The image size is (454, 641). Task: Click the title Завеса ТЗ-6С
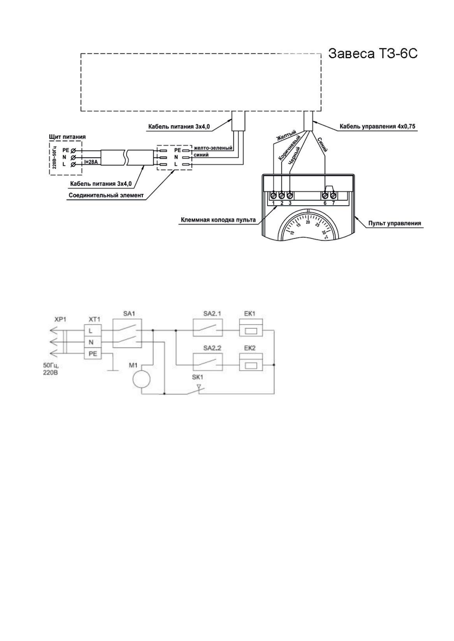click(373, 54)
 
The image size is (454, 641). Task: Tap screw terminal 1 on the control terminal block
click(273, 195)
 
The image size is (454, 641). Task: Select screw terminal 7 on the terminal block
click(333, 195)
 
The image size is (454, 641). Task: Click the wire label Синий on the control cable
click(322, 145)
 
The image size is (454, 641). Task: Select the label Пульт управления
click(395, 223)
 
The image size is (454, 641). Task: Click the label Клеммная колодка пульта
click(218, 220)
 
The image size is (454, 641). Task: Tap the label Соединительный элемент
click(106, 196)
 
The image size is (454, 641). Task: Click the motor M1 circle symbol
click(141, 379)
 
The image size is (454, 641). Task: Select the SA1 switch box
click(127, 333)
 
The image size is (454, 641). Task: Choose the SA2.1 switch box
click(208, 328)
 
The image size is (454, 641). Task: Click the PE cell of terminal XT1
click(93, 354)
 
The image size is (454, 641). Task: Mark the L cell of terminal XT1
click(91, 331)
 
